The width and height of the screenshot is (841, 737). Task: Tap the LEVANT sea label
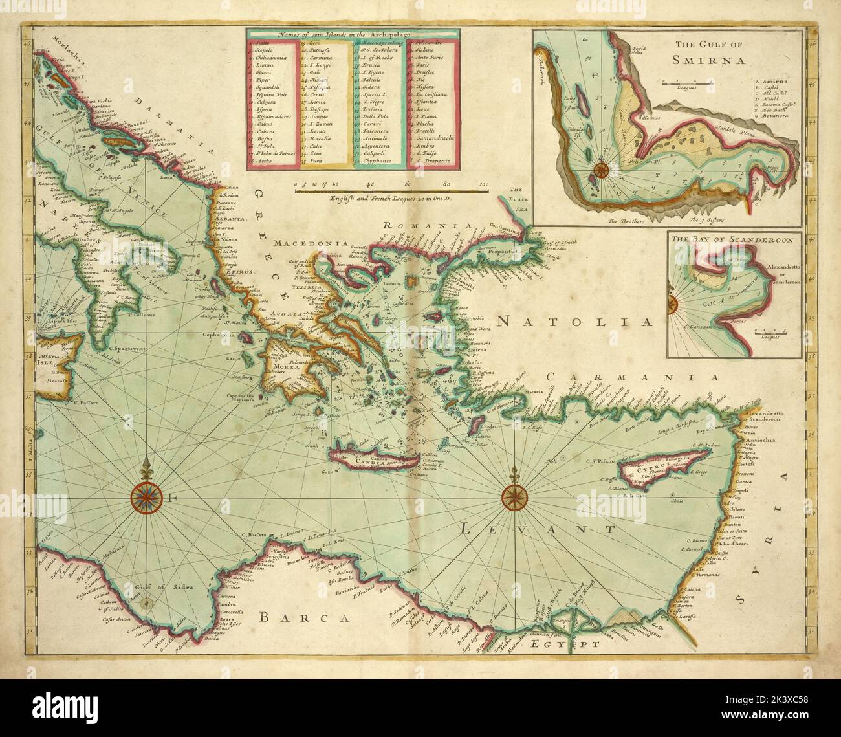(x=538, y=529)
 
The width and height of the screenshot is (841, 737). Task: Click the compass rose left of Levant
(x=514, y=497)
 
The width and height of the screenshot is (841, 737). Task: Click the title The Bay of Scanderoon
(x=732, y=239)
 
